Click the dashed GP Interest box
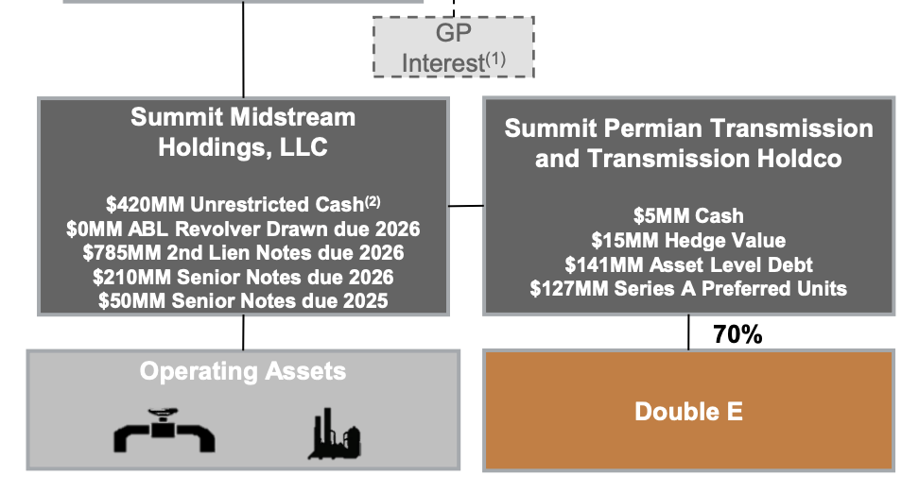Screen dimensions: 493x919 (x=454, y=47)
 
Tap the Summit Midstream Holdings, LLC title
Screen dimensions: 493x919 (x=243, y=132)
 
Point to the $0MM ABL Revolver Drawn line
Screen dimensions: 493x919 (x=243, y=229)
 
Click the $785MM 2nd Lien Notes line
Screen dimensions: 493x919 (x=243, y=253)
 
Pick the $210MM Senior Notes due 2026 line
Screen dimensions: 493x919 (x=243, y=278)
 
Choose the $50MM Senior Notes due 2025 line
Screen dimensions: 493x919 (x=243, y=301)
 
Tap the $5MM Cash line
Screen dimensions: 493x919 (x=688, y=216)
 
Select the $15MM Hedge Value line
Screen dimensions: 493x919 (x=688, y=241)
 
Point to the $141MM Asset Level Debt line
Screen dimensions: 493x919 (x=688, y=265)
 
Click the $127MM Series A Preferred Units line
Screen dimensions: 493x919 (x=688, y=289)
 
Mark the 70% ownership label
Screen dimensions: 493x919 (x=738, y=334)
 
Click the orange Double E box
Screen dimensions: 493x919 (x=688, y=412)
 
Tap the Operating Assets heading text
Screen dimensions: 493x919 (x=243, y=371)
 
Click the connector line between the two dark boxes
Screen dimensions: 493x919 (x=466, y=205)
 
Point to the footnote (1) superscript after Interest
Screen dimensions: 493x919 (x=496, y=58)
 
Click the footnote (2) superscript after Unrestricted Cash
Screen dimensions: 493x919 (x=374, y=201)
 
